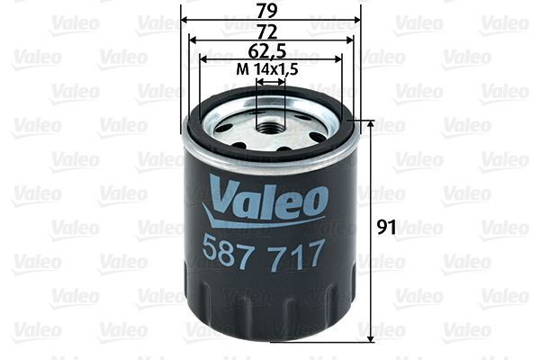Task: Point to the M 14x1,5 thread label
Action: point(267,69)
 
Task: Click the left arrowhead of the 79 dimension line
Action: point(185,19)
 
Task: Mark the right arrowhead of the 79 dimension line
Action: point(355,19)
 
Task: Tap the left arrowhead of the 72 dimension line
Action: point(193,39)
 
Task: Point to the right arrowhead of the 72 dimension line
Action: point(347,39)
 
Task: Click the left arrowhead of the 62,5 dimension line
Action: point(204,59)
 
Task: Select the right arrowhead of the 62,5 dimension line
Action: point(337,59)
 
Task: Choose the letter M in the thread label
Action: point(240,69)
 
